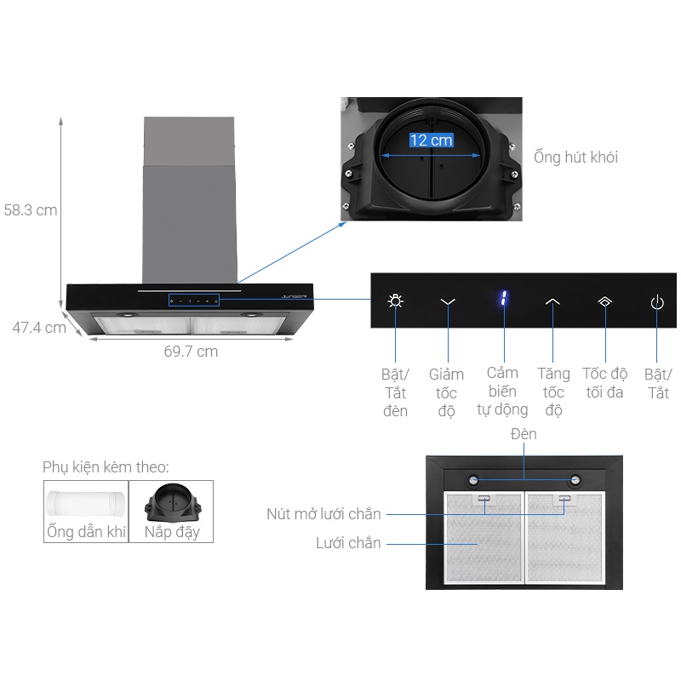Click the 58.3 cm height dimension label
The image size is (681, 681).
[x=31, y=209]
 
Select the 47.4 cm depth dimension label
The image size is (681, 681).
[x=38, y=327]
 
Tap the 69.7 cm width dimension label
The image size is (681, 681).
[x=190, y=351]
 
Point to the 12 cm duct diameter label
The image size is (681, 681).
[x=431, y=140]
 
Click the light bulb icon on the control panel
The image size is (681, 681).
[x=396, y=301]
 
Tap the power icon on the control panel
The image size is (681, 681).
[x=656, y=301]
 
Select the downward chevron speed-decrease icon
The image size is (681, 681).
[x=449, y=301]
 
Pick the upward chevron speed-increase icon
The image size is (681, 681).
[x=553, y=301]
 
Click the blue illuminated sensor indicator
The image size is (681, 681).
[x=503, y=300]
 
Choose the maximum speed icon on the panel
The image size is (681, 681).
[x=604, y=301]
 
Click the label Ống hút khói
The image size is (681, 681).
[x=575, y=157]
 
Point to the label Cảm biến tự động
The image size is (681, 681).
[x=502, y=392]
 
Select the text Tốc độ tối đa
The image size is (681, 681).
[x=604, y=383]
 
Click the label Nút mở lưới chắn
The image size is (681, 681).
[x=323, y=514]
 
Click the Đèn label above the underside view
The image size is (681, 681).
[x=524, y=434]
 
